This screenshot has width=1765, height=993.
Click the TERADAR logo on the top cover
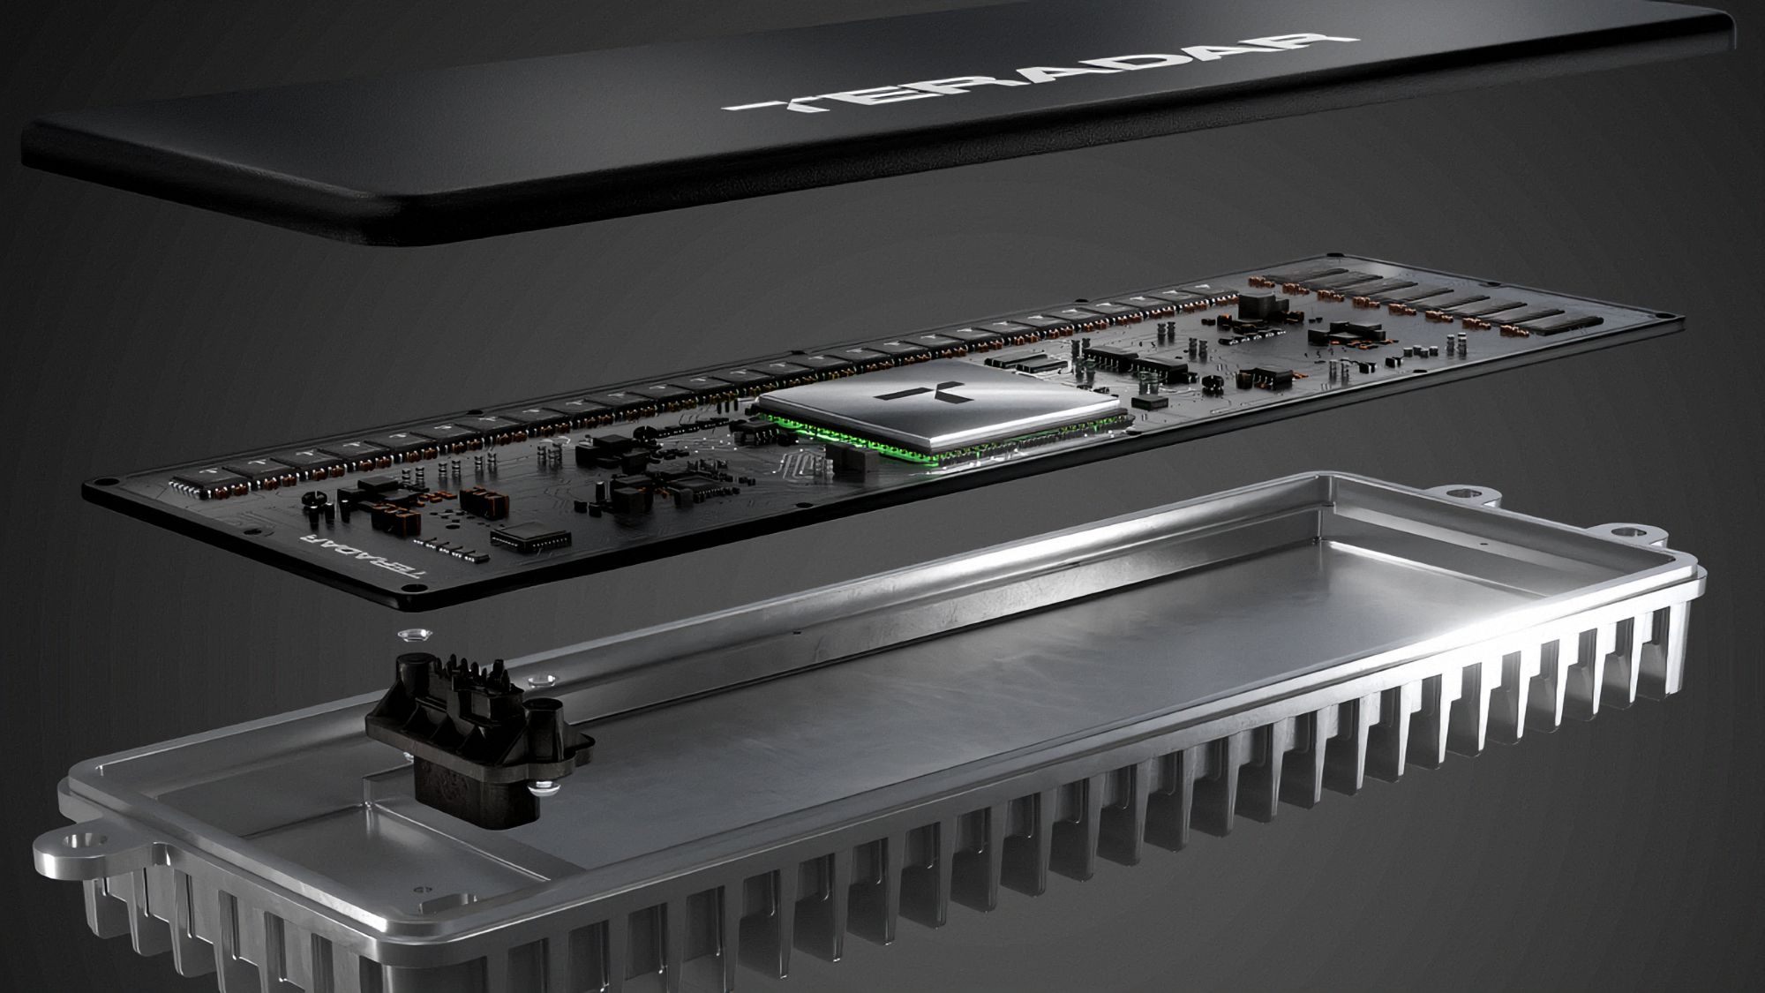(x=1036, y=74)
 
